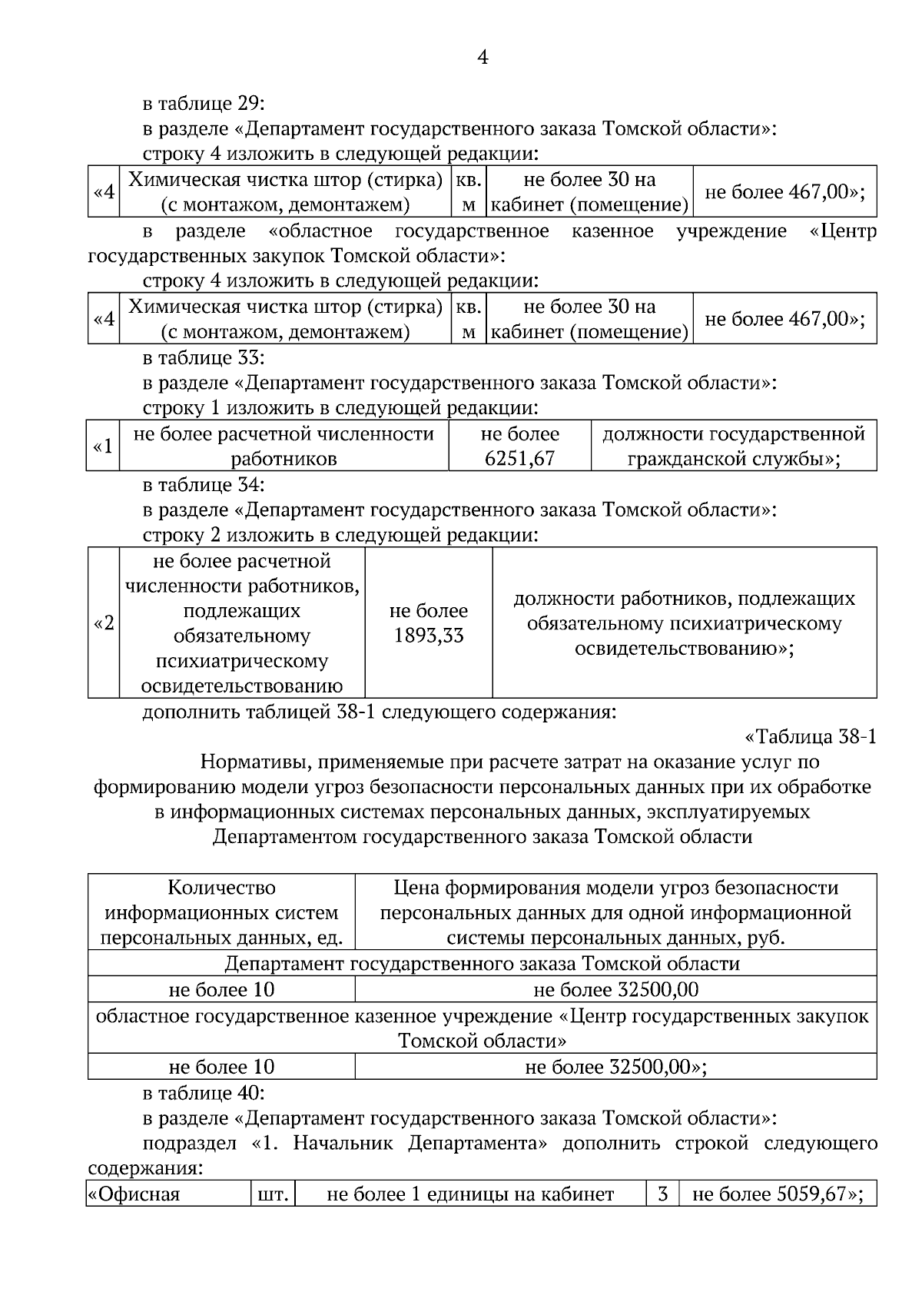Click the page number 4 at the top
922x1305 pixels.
click(x=483, y=58)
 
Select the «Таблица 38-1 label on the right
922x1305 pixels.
click(x=810, y=737)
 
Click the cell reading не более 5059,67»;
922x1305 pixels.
click(x=778, y=1194)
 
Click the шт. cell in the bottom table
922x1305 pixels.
click(x=274, y=1194)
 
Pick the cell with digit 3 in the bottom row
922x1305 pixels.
click(x=662, y=1194)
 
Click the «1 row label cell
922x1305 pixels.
click(x=103, y=446)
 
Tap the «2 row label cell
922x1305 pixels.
click(x=103, y=623)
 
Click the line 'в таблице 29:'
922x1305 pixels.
click(x=204, y=104)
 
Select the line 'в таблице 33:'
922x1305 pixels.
click(x=204, y=358)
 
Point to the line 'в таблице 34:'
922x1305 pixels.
click(x=204, y=485)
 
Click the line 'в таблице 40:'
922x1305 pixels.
click(x=204, y=1092)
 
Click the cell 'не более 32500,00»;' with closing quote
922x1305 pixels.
click(x=615, y=1067)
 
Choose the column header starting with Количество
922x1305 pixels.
click(x=221, y=912)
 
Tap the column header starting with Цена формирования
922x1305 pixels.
click(x=615, y=912)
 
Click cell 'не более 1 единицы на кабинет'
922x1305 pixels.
click(x=470, y=1194)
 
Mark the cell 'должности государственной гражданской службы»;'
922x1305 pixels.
click(x=733, y=446)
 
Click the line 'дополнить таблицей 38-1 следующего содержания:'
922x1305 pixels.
click(x=380, y=712)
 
